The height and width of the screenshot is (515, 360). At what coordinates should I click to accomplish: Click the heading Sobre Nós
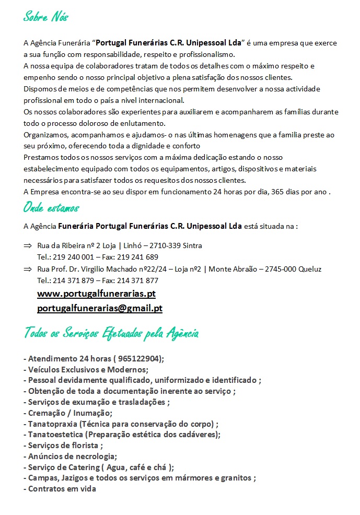(46, 17)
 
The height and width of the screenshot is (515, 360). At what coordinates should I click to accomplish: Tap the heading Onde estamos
(51, 208)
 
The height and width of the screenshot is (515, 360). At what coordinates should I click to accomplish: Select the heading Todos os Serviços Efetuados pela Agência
(111, 333)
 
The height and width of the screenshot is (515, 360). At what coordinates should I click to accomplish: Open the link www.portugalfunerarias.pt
(96, 294)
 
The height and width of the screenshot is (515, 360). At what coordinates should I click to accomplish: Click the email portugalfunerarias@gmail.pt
(100, 308)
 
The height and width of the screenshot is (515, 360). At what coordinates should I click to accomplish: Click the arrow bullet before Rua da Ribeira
(28, 245)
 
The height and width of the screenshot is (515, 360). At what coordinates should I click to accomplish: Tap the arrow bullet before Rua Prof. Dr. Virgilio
(28, 269)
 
